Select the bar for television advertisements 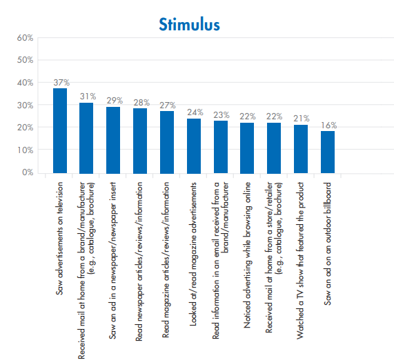click(60, 130)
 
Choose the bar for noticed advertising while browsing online click(247, 148)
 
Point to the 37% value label click(61, 83)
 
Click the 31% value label click(87, 96)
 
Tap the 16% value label click(328, 126)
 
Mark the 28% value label click(140, 103)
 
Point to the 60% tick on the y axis click(25, 37)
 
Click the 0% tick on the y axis click(28, 172)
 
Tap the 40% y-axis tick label click(25, 82)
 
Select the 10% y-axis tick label click(25, 150)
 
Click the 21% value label click(301, 119)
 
